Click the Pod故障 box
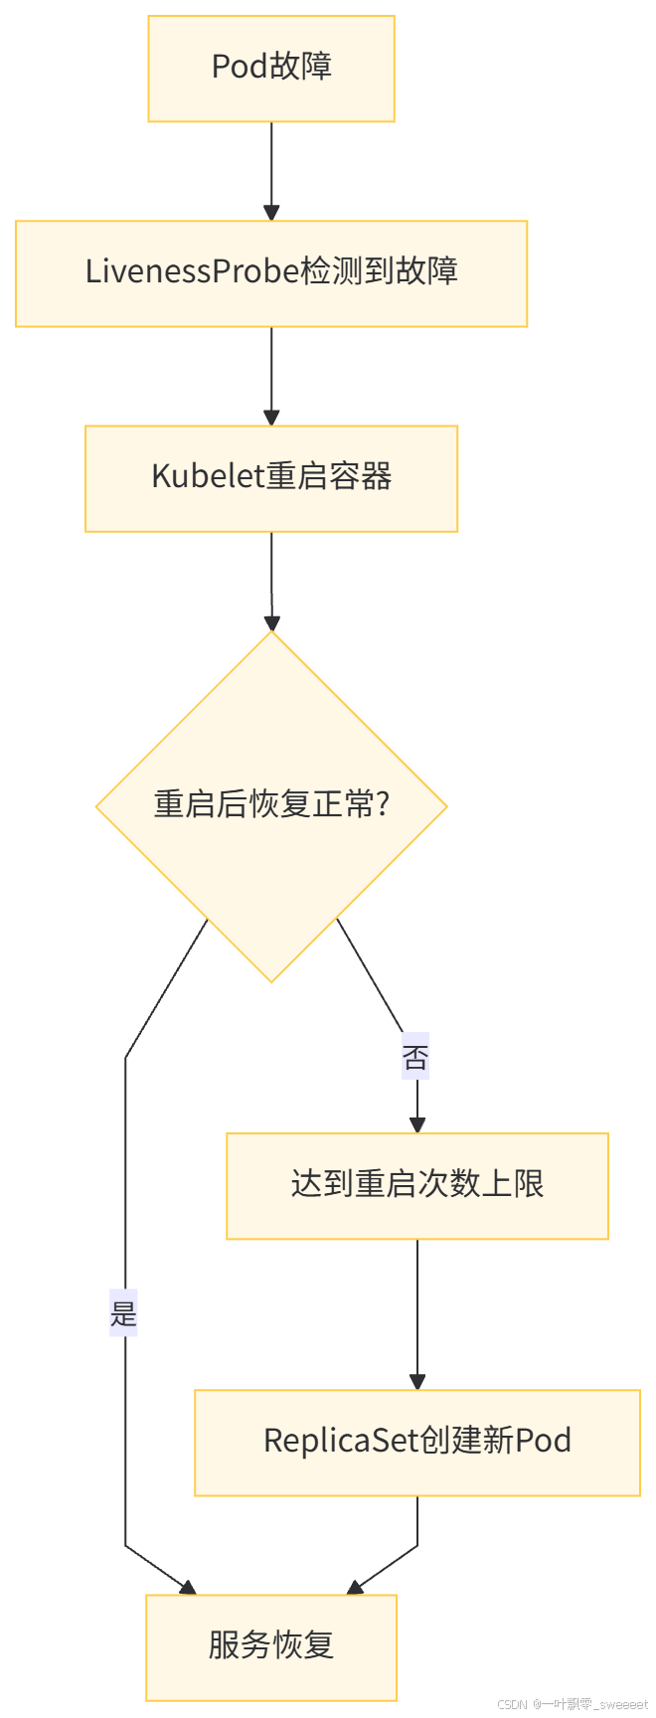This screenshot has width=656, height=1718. click(x=271, y=69)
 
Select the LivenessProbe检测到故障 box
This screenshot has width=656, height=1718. click(x=271, y=273)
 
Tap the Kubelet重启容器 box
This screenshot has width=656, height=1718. click(x=271, y=478)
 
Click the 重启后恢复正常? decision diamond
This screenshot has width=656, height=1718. click(x=271, y=806)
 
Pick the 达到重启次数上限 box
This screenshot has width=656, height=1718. click(x=417, y=1186)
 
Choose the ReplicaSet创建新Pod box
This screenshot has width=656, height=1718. click(x=417, y=1443)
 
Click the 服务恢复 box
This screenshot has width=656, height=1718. click(x=271, y=1647)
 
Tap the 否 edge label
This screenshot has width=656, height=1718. click(x=415, y=1056)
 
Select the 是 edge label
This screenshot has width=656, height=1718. click(x=124, y=1312)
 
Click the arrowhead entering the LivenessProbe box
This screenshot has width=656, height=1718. click(x=271, y=213)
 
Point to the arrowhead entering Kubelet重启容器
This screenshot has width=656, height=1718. click(x=271, y=418)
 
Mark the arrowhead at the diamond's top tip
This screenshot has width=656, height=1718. click(x=271, y=622)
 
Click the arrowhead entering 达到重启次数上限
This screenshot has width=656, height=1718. click(x=417, y=1125)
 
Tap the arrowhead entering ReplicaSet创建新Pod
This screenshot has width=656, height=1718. click(x=417, y=1382)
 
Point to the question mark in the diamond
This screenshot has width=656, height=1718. click(x=383, y=803)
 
